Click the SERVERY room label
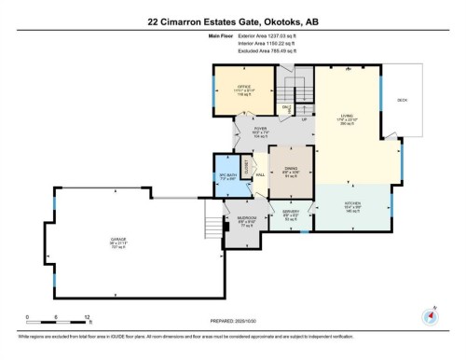coord(290,212)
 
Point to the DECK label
coord(403,99)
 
